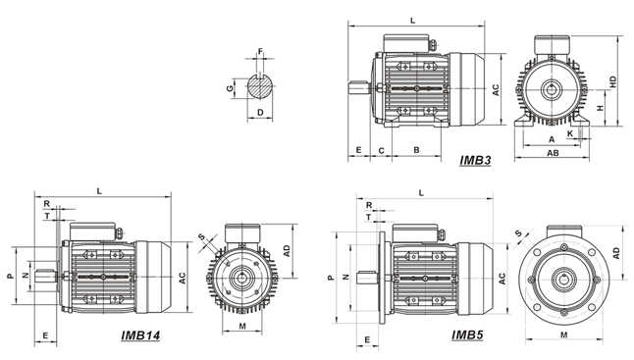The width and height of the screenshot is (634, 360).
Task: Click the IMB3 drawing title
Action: tap(475, 161)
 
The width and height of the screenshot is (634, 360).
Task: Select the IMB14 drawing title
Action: tap(140, 335)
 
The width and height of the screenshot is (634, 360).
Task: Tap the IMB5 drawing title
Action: tap(467, 334)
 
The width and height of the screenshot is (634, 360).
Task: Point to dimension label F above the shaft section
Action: tap(260, 51)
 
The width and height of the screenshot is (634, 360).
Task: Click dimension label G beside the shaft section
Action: tap(230, 88)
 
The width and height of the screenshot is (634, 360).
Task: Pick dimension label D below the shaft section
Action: tap(260, 112)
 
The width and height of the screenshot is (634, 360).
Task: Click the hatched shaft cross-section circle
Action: tap(260, 86)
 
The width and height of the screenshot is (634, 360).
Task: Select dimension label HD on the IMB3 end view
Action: tap(613, 82)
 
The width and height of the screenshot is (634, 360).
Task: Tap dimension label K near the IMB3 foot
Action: tap(570, 133)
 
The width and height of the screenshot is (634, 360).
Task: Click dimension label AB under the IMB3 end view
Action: tap(554, 153)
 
